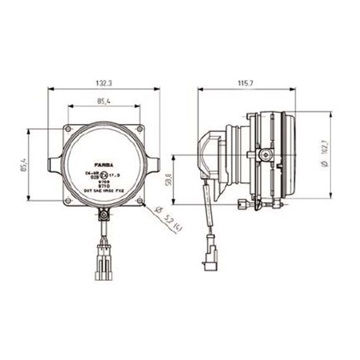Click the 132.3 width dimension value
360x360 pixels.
click(x=104, y=83)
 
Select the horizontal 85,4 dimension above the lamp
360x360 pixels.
click(x=104, y=102)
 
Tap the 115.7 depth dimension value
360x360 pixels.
click(x=246, y=83)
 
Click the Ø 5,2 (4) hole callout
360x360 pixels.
click(x=167, y=220)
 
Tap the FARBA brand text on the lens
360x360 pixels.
click(x=104, y=165)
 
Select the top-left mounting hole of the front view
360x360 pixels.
click(x=68, y=128)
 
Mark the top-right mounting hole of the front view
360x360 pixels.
click(x=139, y=128)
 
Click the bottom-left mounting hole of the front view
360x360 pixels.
click(x=68, y=200)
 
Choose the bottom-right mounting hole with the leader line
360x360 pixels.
click(x=139, y=200)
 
